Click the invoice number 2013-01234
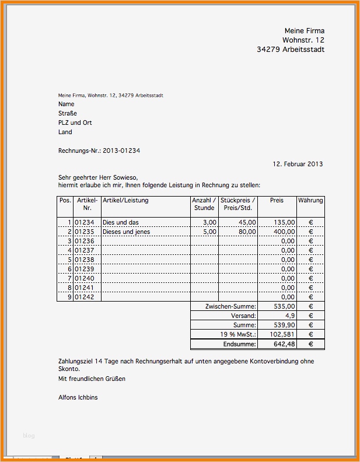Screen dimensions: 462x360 [121, 150]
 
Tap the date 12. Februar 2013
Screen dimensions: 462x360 [298, 164]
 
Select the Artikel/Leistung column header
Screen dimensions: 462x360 [125, 200]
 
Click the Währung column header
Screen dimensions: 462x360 [310, 200]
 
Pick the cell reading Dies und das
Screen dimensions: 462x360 [121, 222]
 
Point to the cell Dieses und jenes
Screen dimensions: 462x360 [126, 232]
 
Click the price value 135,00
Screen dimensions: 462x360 [284, 222]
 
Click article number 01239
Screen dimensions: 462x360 [85, 269]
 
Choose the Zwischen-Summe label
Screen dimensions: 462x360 [230, 306]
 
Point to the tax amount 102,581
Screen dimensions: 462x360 [282, 335]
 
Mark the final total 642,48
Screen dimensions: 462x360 [284, 344]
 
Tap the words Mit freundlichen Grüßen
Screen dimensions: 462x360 [92, 379]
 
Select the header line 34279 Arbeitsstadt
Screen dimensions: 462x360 [291, 50]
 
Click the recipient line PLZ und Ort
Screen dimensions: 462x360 [75, 123]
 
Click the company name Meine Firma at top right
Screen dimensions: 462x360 [304, 30]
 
